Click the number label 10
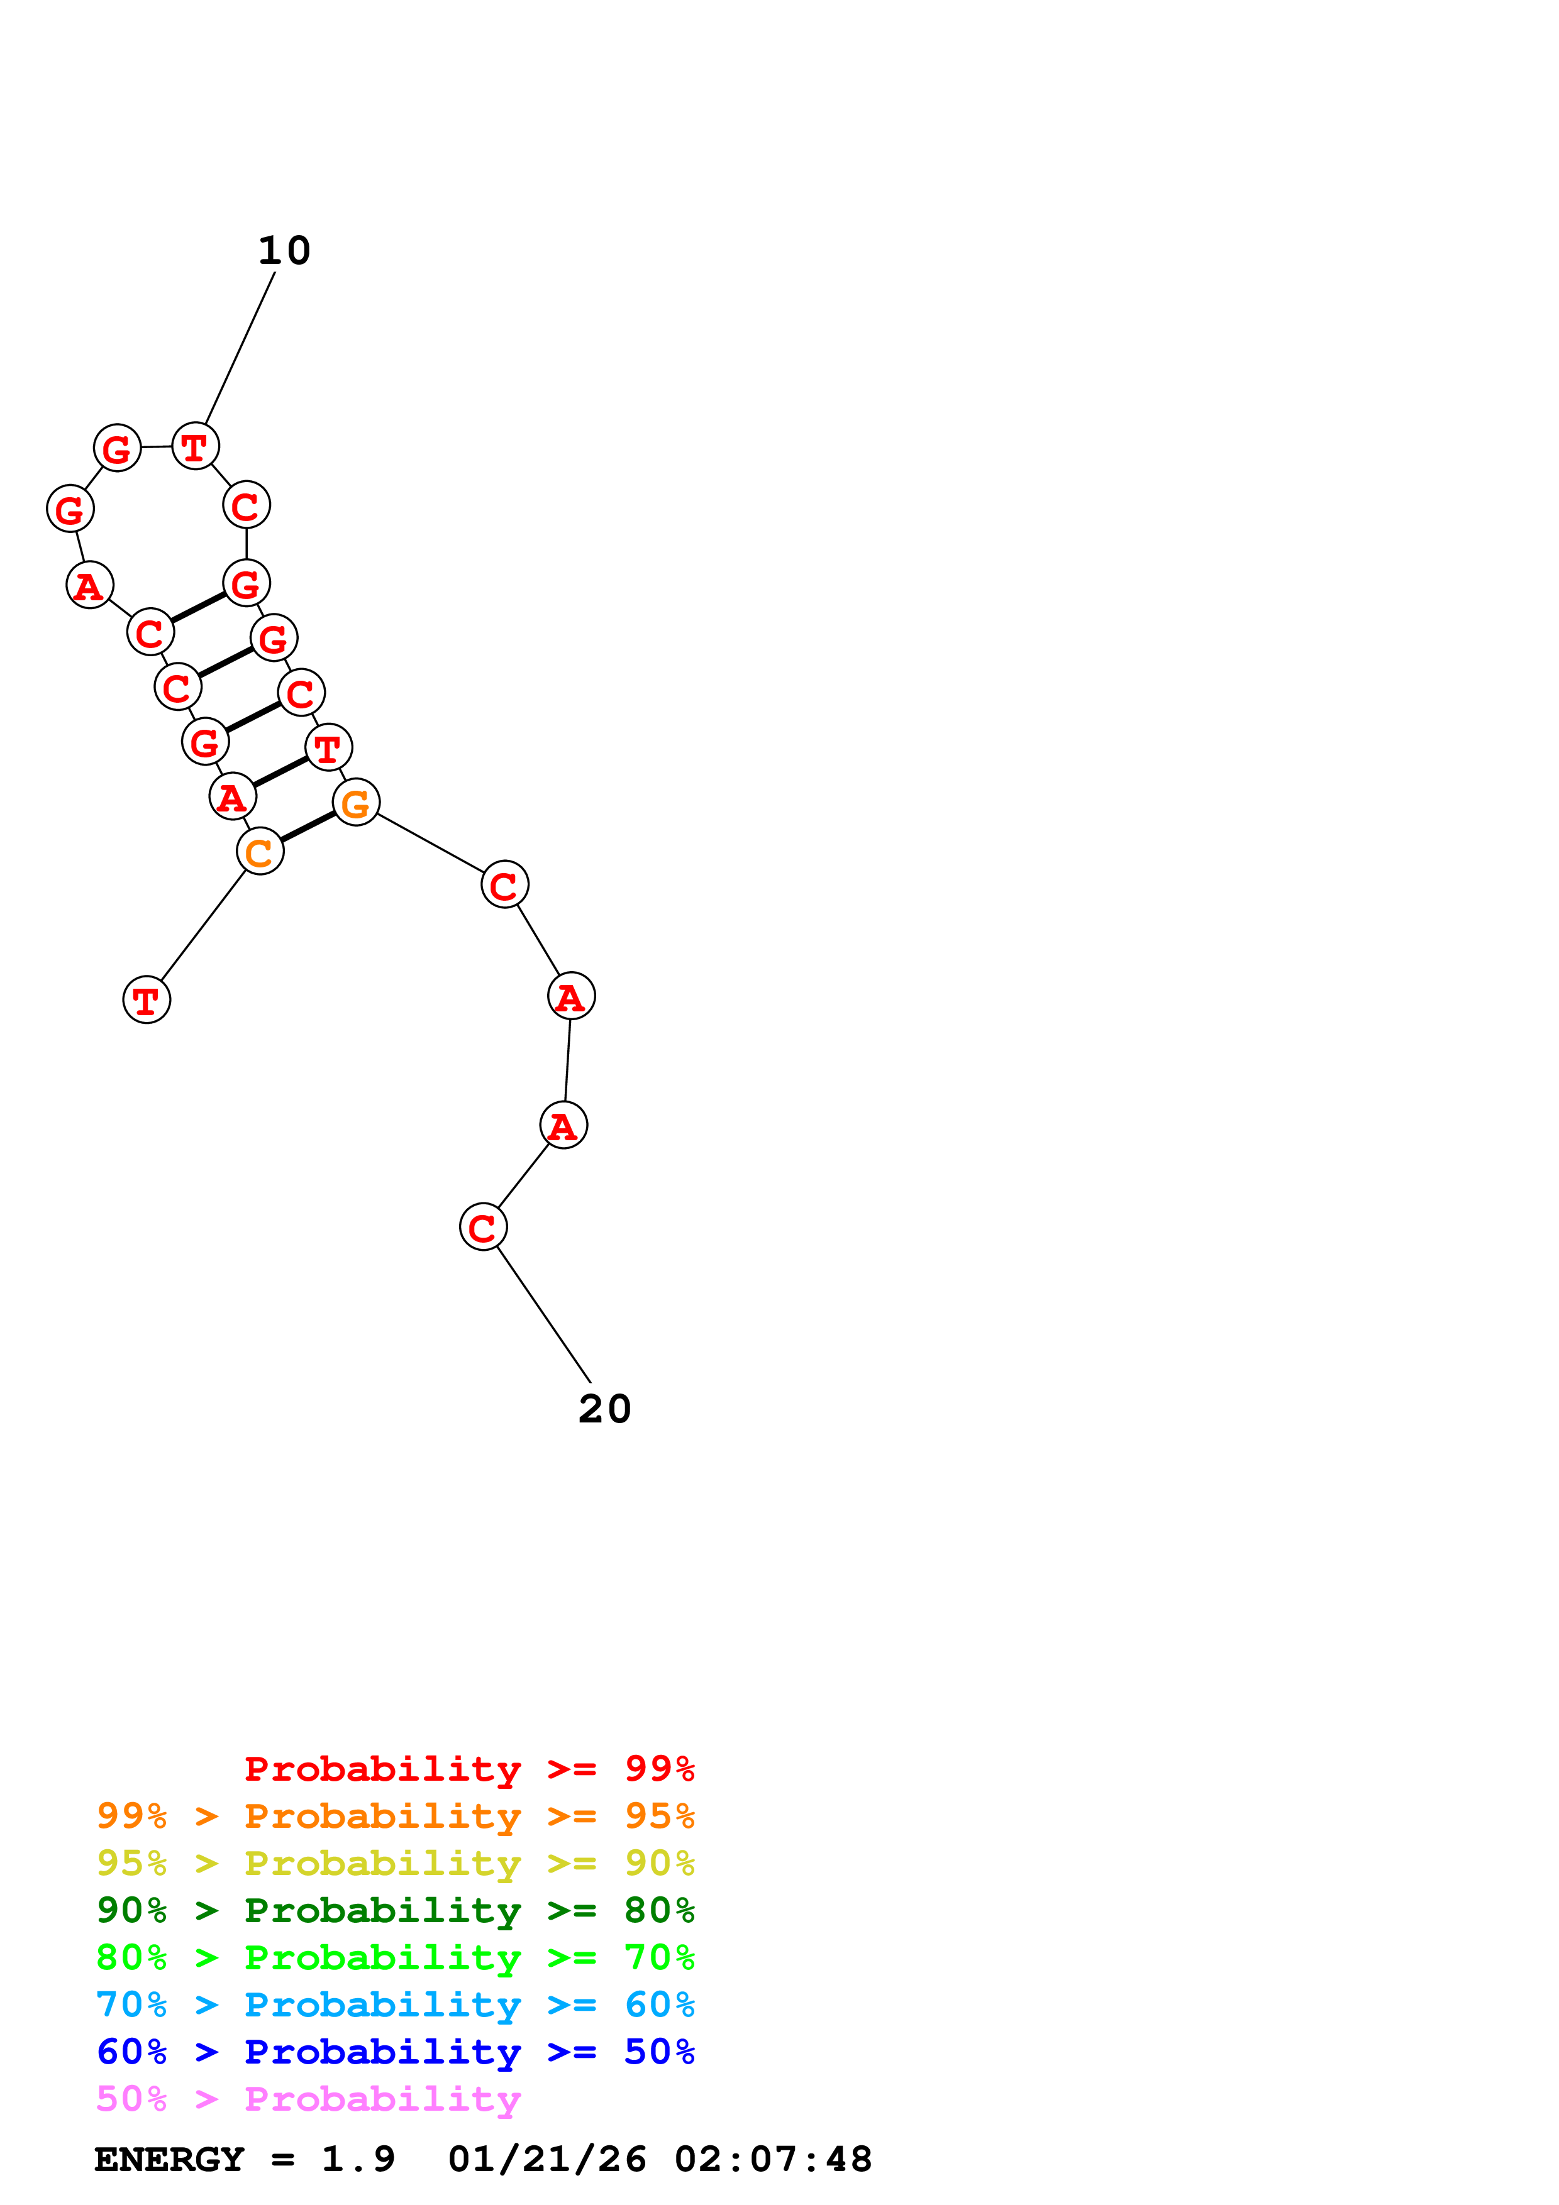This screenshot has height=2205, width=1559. pyautogui.click(x=284, y=251)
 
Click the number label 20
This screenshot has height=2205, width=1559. pyautogui.click(x=604, y=1409)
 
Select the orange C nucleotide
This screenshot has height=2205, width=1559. pyautogui.click(x=259, y=852)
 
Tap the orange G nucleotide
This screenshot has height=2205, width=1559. pyautogui.click(x=355, y=803)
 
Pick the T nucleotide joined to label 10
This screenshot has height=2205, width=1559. pyautogui.click(x=195, y=446)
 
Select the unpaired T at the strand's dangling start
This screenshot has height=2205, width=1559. pyautogui.click(x=146, y=1001)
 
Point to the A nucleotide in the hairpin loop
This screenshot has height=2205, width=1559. pyautogui.click(x=89, y=586)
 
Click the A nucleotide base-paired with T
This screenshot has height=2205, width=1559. pyautogui.click(x=231, y=797)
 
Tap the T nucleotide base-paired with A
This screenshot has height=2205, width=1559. pyautogui.click(x=328, y=748)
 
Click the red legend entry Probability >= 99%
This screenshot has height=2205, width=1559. pyautogui.click(x=469, y=1769)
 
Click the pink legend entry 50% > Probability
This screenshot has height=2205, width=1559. pyautogui.click(x=308, y=2098)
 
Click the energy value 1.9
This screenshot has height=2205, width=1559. pyautogui.click(x=357, y=2160)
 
